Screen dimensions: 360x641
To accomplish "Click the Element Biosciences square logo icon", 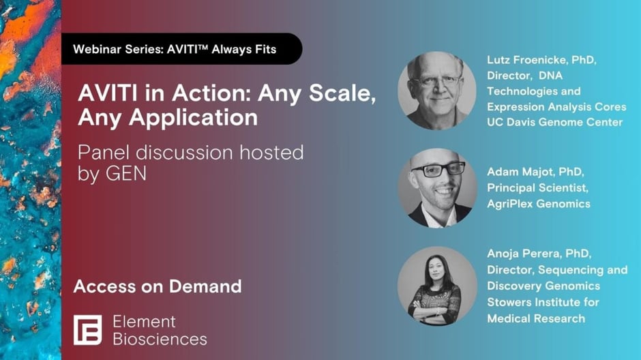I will [87, 329].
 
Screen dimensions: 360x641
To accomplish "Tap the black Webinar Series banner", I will [181, 49].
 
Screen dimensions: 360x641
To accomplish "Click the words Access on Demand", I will [157, 286].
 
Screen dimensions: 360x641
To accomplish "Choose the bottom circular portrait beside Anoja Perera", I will [436, 286].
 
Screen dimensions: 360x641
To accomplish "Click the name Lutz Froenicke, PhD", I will [541, 60].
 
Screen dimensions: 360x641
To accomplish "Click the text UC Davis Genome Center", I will [554, 122].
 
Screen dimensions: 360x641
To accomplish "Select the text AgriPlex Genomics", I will [538, 204].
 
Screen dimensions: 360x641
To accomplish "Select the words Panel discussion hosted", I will [190, 152].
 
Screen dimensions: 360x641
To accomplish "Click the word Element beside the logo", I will [144, 321].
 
